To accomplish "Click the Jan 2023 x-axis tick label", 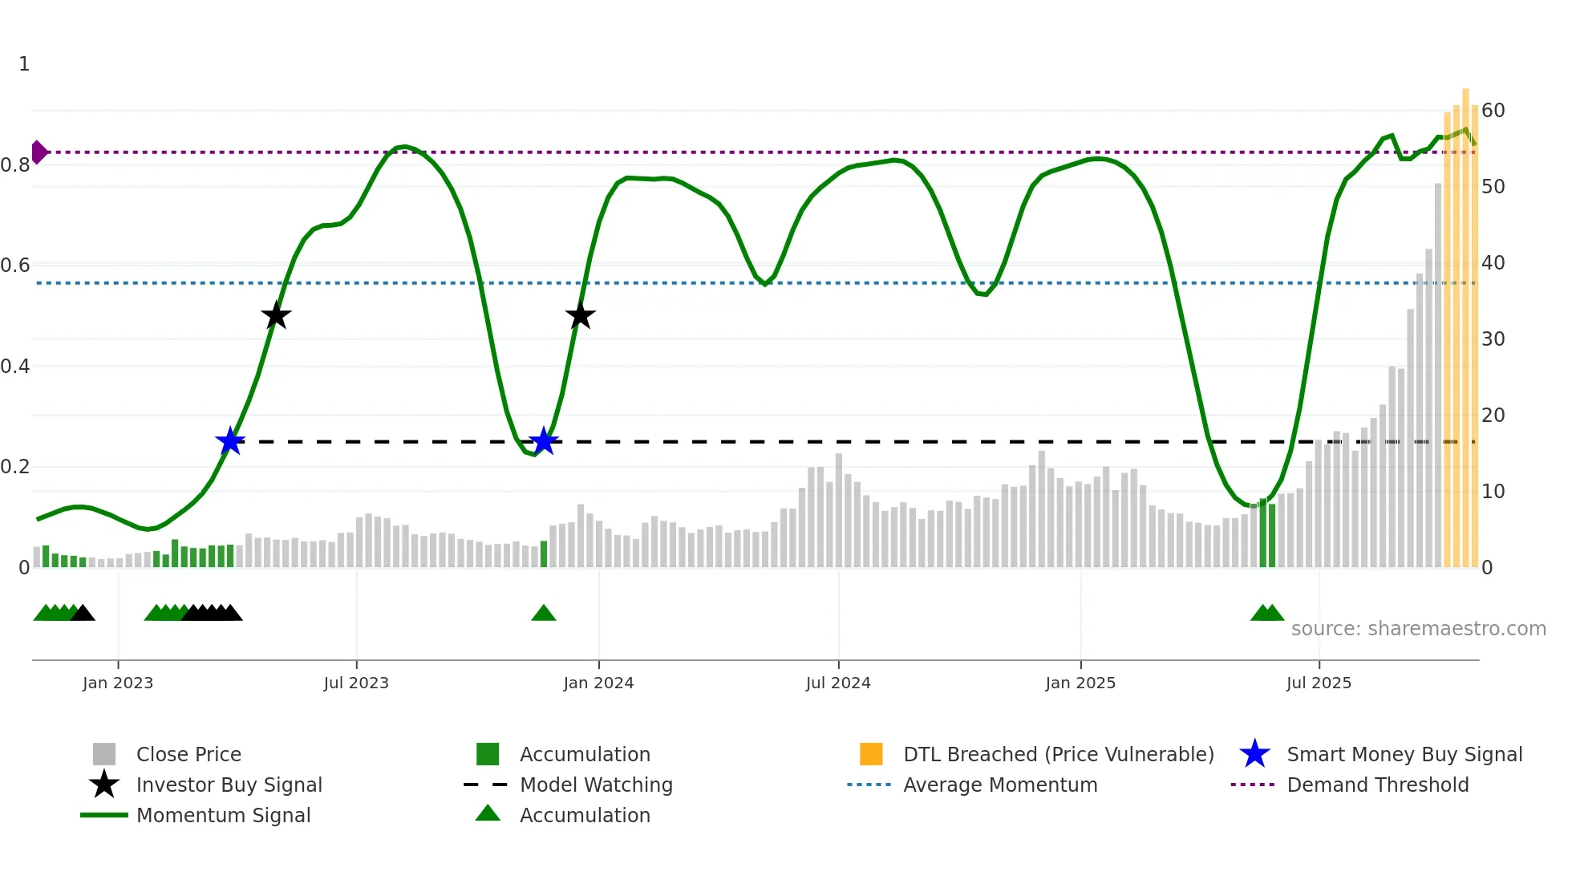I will coord(118,683).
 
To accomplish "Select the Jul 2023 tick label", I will coord(356,683).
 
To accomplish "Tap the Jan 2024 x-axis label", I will coord(598,683).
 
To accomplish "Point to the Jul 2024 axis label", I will coord(838,683).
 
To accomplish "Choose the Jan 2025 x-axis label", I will coord(1080,683).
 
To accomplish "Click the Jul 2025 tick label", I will coord(1319,683).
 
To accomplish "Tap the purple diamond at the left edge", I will coord(38,152).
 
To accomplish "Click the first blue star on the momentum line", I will coord(230,440).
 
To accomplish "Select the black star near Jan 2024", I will coord(580,316).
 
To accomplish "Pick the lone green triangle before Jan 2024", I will coord(544,614).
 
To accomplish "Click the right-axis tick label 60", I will coord(1493,110).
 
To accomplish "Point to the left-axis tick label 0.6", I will coord(16,265).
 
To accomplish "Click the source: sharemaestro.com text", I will coord(1418,629).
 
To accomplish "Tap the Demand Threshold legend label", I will coord(1377,785).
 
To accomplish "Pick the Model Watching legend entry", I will coord(596,785).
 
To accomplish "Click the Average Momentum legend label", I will coord(1000,785).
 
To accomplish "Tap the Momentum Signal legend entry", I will coord(223,815).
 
